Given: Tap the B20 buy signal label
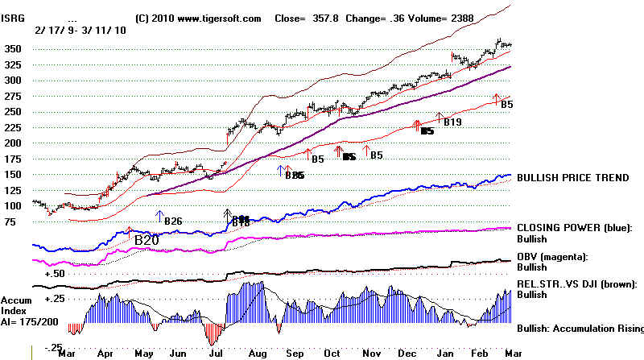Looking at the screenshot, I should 147,240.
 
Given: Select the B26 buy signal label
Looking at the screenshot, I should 173,221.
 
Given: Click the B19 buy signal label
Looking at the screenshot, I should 452,122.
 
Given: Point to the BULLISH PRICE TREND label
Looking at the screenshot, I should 572,177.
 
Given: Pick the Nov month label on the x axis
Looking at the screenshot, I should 371,353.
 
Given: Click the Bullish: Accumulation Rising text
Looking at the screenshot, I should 580,329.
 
